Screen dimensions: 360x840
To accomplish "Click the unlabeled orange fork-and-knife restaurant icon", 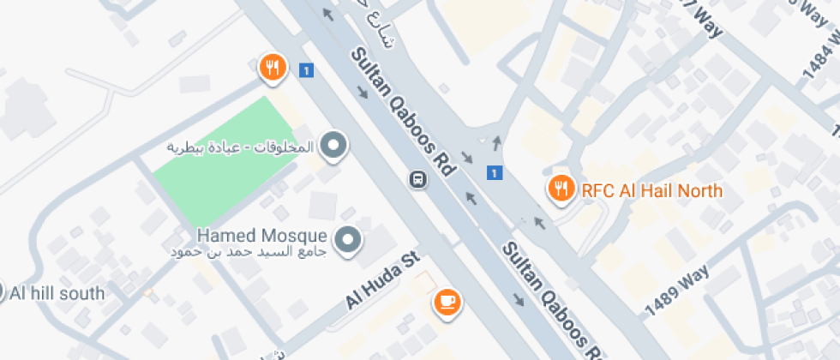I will tap(272, 67).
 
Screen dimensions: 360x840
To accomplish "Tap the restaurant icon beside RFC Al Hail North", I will tap(561, 189).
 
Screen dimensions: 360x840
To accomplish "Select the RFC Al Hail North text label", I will tap(651, 190).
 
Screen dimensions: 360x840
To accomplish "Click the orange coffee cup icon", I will tap(447, 300).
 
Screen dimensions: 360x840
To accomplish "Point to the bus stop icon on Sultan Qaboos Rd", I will tap(417, 180).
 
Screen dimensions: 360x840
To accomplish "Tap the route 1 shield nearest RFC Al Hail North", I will tap(494, 173).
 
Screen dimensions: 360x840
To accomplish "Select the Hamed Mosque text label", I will tap(261, 234).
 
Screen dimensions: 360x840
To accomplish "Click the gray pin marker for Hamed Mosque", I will tap(347, 240).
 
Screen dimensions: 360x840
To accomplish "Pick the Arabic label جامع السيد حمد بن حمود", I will tap(249, 251).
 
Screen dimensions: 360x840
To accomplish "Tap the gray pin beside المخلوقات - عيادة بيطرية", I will tap(333, 146).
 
